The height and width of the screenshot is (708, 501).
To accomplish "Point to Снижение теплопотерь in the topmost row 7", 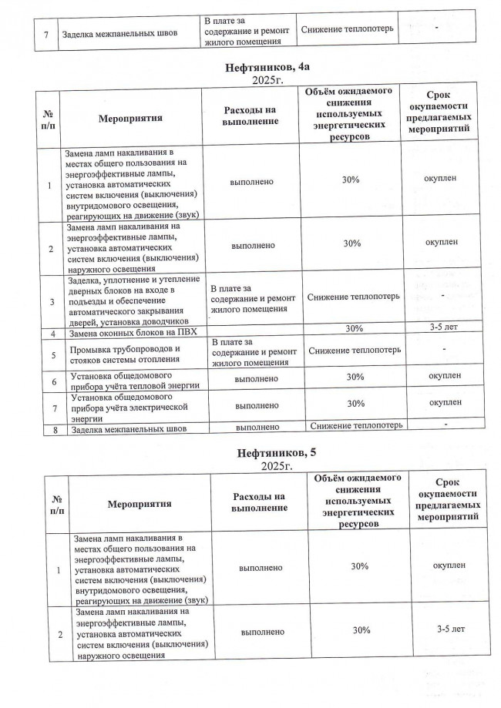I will tap(349, 29).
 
